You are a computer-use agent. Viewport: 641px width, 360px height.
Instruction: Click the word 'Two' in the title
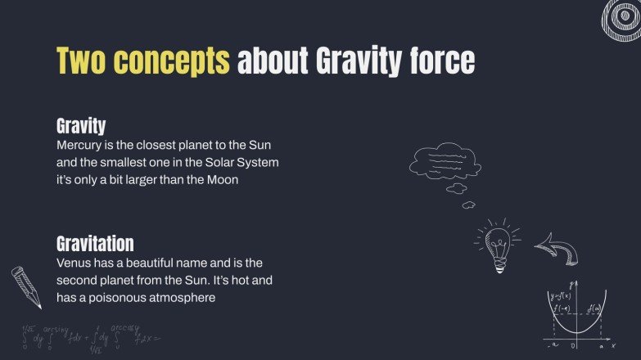[80, 61]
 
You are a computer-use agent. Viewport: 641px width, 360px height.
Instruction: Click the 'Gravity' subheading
[81, 126]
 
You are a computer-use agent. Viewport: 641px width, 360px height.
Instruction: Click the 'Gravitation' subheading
[95, 244]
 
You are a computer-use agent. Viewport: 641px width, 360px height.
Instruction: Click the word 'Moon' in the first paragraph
[222, 180]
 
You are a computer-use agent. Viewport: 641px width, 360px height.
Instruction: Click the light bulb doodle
[498, 243]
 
